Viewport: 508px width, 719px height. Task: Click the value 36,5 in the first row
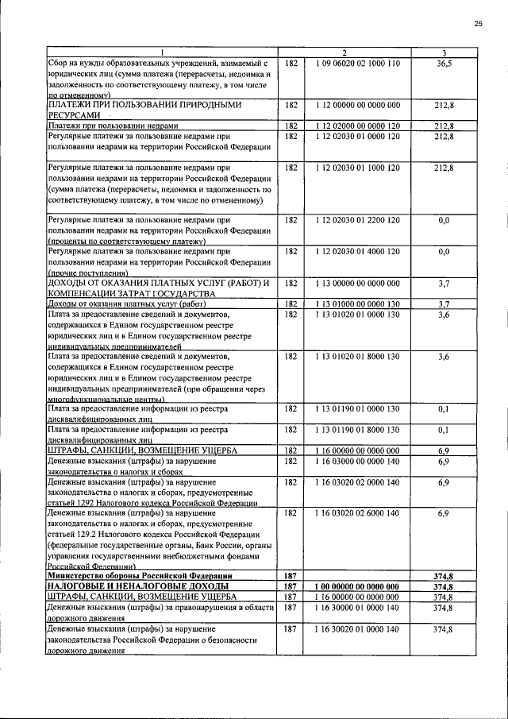444,63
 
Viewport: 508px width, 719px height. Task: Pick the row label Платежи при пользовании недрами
111,126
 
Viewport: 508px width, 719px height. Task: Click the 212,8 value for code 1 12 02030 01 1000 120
444,168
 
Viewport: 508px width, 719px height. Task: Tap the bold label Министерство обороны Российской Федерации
140,576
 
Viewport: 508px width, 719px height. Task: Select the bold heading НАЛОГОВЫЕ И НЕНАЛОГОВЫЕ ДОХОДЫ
132,586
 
